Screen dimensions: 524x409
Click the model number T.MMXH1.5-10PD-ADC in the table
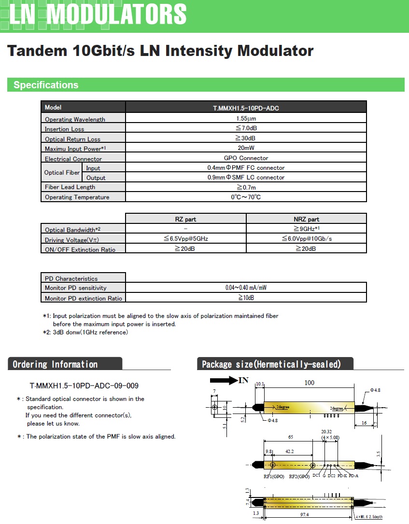246,108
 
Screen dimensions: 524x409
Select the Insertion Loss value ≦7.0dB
246,129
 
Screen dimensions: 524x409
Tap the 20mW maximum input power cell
246,148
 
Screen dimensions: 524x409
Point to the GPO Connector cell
246,158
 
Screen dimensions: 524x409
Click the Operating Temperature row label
77,197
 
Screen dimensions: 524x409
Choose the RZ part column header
185,219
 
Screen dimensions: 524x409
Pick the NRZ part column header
306,219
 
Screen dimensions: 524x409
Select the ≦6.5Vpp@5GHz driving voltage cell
185,239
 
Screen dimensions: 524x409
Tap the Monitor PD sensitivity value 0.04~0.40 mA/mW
246,288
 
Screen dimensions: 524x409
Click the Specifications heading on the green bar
46,85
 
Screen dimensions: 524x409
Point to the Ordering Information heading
55,364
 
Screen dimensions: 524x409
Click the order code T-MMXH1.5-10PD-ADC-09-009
85,386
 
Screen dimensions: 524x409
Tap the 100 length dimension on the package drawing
309,383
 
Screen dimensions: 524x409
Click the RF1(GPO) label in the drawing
274,477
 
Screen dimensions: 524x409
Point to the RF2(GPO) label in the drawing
299,477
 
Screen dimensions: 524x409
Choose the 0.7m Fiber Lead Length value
246,187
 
